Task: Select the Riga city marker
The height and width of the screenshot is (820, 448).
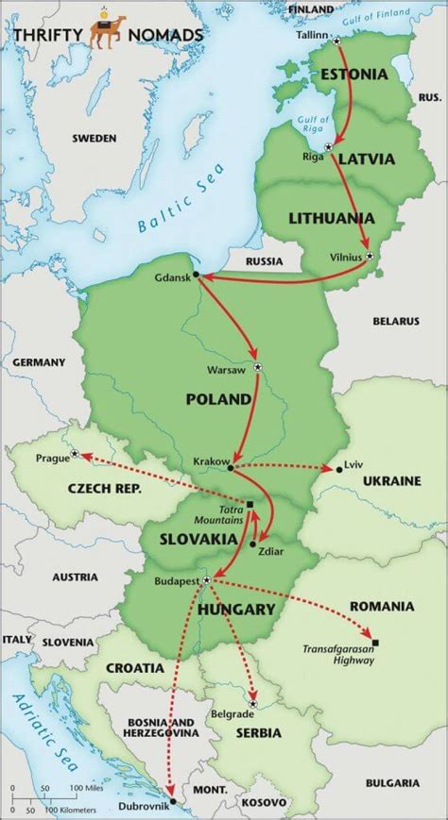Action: click(329, 146)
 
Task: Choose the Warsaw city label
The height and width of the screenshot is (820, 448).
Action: click(228, 371)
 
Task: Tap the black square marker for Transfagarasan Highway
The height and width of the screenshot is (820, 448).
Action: click(376, 643)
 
